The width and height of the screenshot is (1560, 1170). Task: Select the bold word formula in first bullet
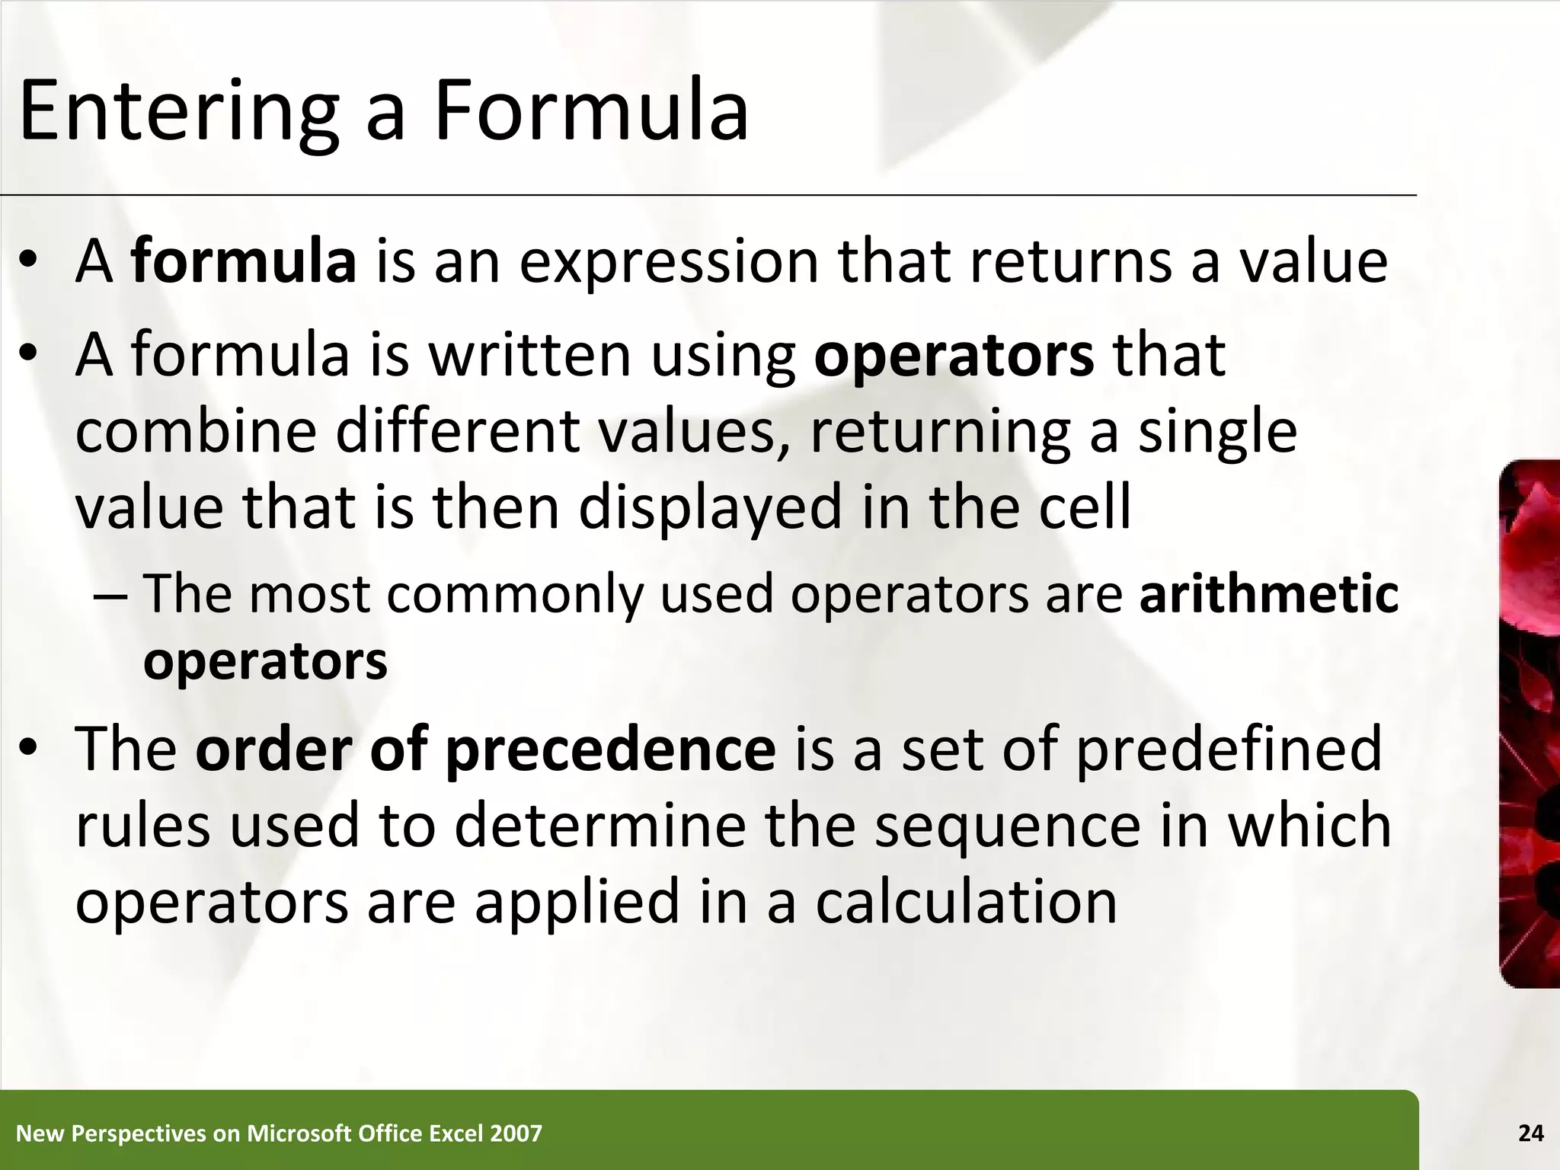(x=244, y=261)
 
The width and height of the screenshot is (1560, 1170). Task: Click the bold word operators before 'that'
(x=954, y=356)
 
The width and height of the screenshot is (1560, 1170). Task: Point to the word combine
(x=196, y=431)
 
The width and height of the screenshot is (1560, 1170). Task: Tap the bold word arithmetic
(x=1269, y=594)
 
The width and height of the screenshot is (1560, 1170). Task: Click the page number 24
(x=1530, y=1134)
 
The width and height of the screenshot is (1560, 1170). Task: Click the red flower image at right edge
(x=1530, y=724)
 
